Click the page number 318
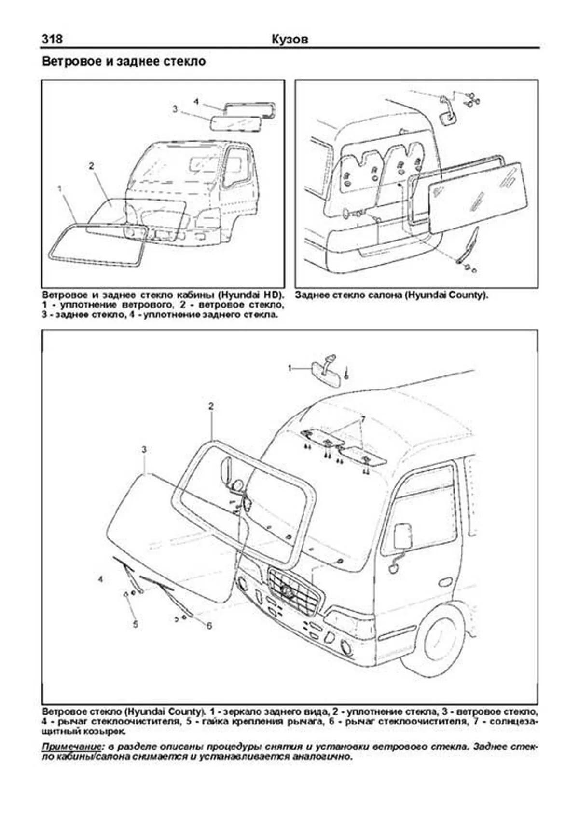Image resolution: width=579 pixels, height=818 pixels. point(52,39)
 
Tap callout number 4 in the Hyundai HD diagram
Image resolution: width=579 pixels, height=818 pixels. point(196,102)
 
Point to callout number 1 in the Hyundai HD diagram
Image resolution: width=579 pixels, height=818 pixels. point(60,188)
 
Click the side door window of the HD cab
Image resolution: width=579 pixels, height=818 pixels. point(236,166)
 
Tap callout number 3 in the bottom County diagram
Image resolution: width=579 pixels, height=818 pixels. point(144,450)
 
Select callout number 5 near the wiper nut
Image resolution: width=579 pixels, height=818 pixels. point(136,624)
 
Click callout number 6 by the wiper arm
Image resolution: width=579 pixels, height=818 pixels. point(209,626)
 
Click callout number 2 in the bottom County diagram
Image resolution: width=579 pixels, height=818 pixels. point(211,406)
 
